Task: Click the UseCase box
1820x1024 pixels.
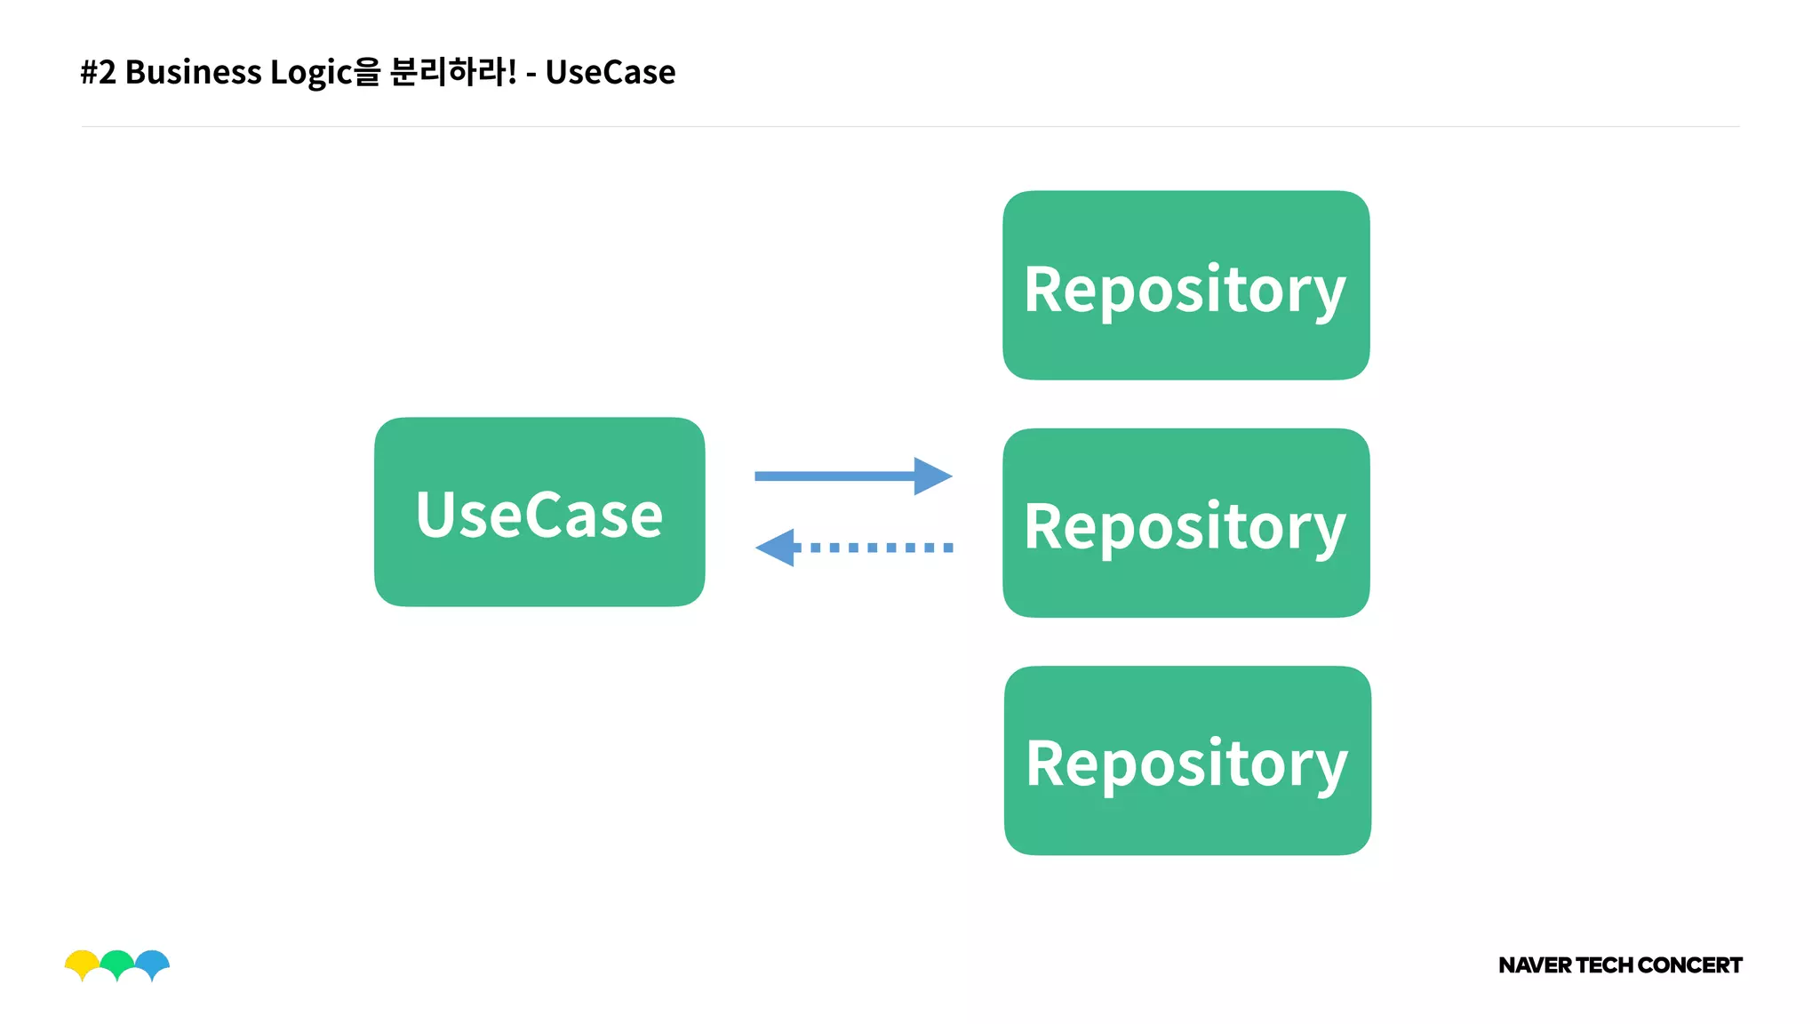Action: pos(539,513)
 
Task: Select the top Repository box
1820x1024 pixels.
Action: pos(1185,285)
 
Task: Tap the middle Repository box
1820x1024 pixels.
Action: pos(1185,524)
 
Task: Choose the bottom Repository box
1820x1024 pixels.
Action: pos(1187,761)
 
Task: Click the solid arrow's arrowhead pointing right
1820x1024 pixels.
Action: pos(933,476)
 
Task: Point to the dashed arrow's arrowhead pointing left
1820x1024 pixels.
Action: pos(775,548)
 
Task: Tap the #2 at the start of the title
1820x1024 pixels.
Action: pos(98,72)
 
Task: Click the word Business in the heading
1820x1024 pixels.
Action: pos(193,72)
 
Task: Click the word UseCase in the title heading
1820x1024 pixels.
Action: pos(611,72)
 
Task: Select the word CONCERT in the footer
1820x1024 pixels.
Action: pos(1689,965)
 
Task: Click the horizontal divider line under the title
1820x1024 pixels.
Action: pos(910,126)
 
